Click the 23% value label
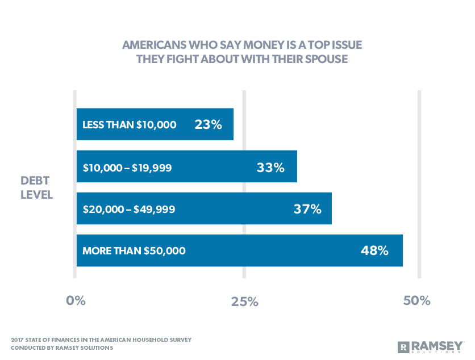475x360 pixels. tap(208, 124)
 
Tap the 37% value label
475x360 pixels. tap(307, 208)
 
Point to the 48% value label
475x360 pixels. tap(374, 250)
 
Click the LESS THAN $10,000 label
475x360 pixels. tap(130, 125)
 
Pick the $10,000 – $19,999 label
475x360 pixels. tap(127, 168)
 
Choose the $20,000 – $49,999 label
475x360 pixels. tap(129, 209)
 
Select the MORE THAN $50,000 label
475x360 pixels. tap(134, 250)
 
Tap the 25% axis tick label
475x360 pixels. tap(245, 302)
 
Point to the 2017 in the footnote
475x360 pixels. tap(19, 340)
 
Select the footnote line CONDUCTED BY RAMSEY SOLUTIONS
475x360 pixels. tap(62, 348)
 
